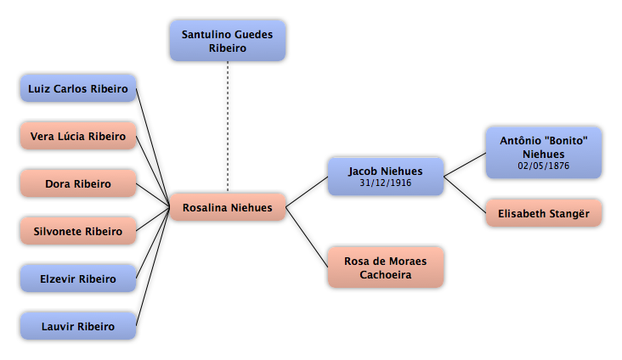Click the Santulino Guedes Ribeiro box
228,41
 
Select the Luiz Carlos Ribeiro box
78,88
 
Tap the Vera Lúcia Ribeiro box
78,136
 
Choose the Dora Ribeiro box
78,183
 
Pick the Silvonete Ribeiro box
78,231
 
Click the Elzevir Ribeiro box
78,278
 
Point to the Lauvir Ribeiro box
78,326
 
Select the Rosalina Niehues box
228,207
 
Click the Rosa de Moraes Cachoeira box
386,267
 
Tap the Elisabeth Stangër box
544,213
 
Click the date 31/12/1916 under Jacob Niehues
386,183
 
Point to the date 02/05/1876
544,166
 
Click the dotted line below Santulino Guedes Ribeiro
228,127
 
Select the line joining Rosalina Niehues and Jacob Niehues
307,192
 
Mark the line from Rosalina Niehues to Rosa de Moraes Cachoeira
307,237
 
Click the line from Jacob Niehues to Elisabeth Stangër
465,194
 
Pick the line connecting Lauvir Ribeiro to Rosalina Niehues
153,267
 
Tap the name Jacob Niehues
386,172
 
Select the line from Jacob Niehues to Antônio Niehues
465,165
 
